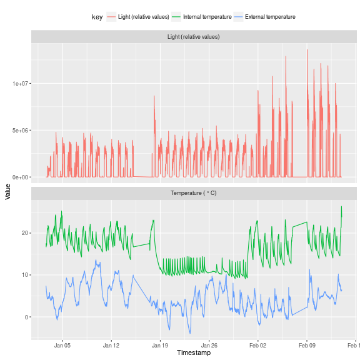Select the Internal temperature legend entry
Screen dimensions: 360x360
pyautogui.click(x=207, y=17)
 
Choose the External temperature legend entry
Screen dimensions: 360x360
pyautogui.click(x=270, y=17)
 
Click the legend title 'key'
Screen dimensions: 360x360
pyautogui.click(x=97, y=17)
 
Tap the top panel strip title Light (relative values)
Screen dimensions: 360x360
pyautogui.click(x=194, y=37)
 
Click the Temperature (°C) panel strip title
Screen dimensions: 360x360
pyautogui.click(x=194, y=193)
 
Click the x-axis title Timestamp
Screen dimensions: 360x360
pyautogui.click(x=194, y=353)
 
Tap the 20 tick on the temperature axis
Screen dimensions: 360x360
pyautogui.click(x=25, y=233)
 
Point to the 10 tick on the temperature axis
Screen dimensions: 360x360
pyautogui.click(x=25, y=275)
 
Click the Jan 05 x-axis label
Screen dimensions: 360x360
pyautogui.click(x=62, y=345)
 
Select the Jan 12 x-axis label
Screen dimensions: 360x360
pyautogui.click(x=111, y=345)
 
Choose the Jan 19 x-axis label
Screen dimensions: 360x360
pyautogui.click(x=160, y=345)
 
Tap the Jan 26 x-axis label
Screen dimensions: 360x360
pyautogui.click(x=209, y=345)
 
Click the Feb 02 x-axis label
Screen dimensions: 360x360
pyautogui.click(x=257, y=345)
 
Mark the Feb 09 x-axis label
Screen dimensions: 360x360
pyautogui.click(x=307, y=345)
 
